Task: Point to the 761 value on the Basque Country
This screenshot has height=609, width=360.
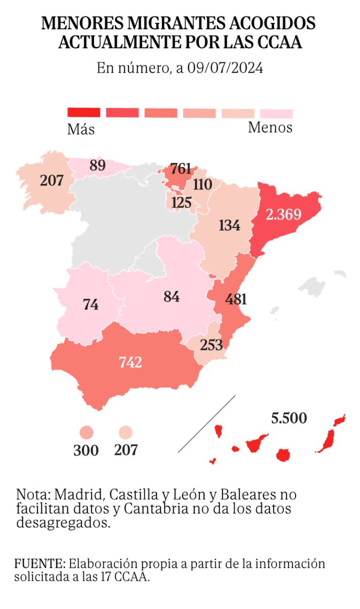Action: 181,168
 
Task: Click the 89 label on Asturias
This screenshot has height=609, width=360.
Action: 97,166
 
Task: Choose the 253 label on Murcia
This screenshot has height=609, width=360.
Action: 211,345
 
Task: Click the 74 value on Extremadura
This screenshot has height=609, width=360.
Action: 91,305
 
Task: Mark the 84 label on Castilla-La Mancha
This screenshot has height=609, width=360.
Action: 172,296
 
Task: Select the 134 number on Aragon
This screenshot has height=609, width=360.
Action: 230,225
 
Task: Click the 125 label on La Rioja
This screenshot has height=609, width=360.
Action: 181,203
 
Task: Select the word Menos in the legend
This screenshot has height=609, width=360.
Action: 270,128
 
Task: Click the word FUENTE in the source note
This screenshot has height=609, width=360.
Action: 40,564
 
